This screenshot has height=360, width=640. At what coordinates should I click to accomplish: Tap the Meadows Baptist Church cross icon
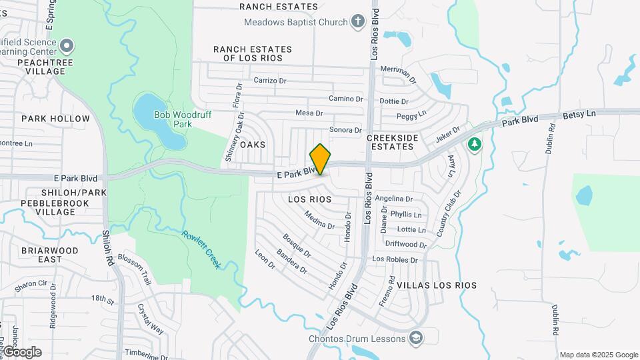click(358, 21)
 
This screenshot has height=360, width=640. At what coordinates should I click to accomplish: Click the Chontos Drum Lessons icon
click(417, 338)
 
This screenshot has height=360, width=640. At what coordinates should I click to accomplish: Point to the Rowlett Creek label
click(202, 249)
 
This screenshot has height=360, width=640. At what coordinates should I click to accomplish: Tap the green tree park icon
click(474, 144)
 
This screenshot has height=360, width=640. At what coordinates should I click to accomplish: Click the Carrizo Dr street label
click(269, 81)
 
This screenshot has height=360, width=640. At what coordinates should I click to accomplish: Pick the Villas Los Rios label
click(437, 285)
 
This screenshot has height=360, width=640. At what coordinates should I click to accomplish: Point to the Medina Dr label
click(319, 220)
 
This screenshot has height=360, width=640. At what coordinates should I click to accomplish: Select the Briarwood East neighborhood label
click(49, 255)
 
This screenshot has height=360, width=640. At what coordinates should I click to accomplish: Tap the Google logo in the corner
click(21, 351)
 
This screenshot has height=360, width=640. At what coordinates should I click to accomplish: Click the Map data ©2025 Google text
click(599, 355)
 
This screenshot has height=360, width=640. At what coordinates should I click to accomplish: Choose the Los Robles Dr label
click(395, 259)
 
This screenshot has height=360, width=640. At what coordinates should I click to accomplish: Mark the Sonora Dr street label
click(345, 130)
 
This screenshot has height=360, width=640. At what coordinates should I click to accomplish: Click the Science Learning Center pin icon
click(66, 45)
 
